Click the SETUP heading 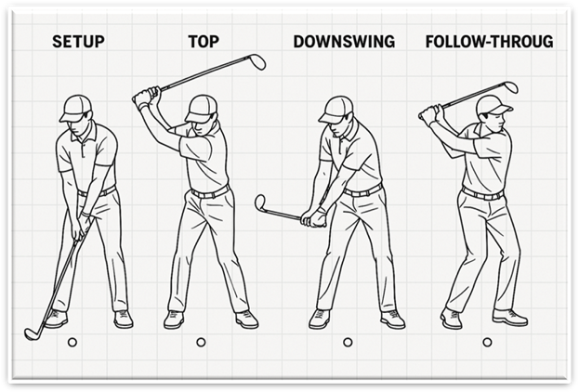pyautogui.click(x=78, y=42)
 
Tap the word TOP pyautogui.click(x=204, y=42)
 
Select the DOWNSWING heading pyautogui.click(x=344, y=42)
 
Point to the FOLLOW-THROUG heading pyautogui.click(x=489, y=42)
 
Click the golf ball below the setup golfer pyautogui.click(x=72, y=342)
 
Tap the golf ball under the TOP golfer pyautogui.click(x=201, y=342)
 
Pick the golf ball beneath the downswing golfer pyautogui.click(x=348, y=342)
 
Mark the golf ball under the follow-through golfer pyautogui.click(x=487, y=342)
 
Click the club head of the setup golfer pyautogui.click(x=32, y=333)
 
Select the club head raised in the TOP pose pyautogui.click(x=257, y=61)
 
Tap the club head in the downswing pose pyautogui.click(x=260, y=203)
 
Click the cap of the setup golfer pyautogui.click(x=75, y=108)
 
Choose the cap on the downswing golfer pyautogui.click(x=335, y=110)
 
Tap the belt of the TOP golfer pyautogui.click(x=210, y=192)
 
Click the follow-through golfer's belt pyautogui.click(x=482, y=194)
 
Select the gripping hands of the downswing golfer pyautogui.click(x=314, y=218)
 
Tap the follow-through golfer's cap pyautogui.click(x=493, y=105)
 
